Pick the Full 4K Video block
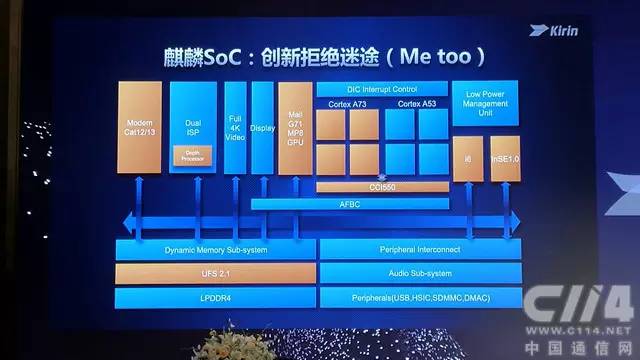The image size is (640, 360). [235, 130]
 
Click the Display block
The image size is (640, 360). [263, 130]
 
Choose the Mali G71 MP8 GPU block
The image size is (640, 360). [296, 130]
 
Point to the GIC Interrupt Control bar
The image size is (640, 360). [379, 89]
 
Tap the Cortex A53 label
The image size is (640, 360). [416, 103]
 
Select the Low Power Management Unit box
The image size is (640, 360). [485, 103]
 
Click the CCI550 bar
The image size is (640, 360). [381, 186]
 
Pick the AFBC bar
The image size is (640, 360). [349, 203]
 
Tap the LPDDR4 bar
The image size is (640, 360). [215, 297]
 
